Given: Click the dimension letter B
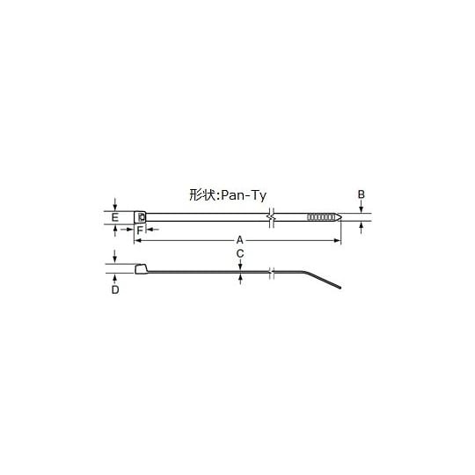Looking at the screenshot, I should click(362, 194).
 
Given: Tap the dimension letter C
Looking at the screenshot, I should click(240, 253).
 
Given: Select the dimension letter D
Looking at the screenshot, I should click(115, 289).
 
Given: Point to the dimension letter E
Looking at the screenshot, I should click(115, 216).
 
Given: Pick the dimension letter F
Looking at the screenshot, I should click(139, 230).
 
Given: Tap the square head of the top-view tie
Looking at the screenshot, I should click(141, 216).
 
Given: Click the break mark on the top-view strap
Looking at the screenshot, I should click(273, 216).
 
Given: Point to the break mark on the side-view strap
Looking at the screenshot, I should click(273, 274).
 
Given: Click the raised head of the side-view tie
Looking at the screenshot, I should click(142, 268).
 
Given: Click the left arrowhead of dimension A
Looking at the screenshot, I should click(137, 240).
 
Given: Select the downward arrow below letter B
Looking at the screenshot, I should click(362, 208).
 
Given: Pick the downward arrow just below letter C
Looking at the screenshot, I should click(240, 265).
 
